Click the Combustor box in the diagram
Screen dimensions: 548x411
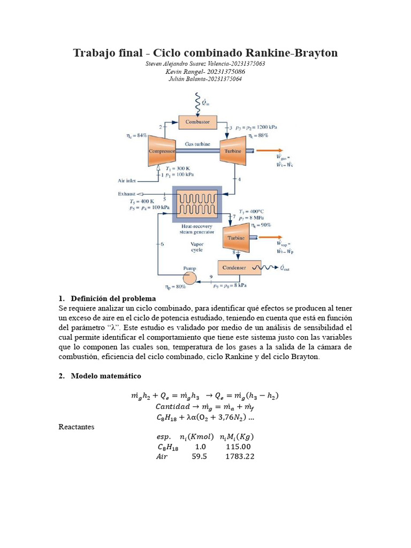(197, 121)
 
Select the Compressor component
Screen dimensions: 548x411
(162, 150)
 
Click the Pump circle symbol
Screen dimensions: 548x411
(189, 278)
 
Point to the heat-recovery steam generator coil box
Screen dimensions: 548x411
(196, 204)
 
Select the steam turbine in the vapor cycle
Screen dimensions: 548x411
(237, 237)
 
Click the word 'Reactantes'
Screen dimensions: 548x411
(76, 427)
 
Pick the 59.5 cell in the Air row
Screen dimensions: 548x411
(200, 456)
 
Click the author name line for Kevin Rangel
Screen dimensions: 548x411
(205, 71)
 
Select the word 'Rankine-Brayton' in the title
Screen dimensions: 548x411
(291, 53)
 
